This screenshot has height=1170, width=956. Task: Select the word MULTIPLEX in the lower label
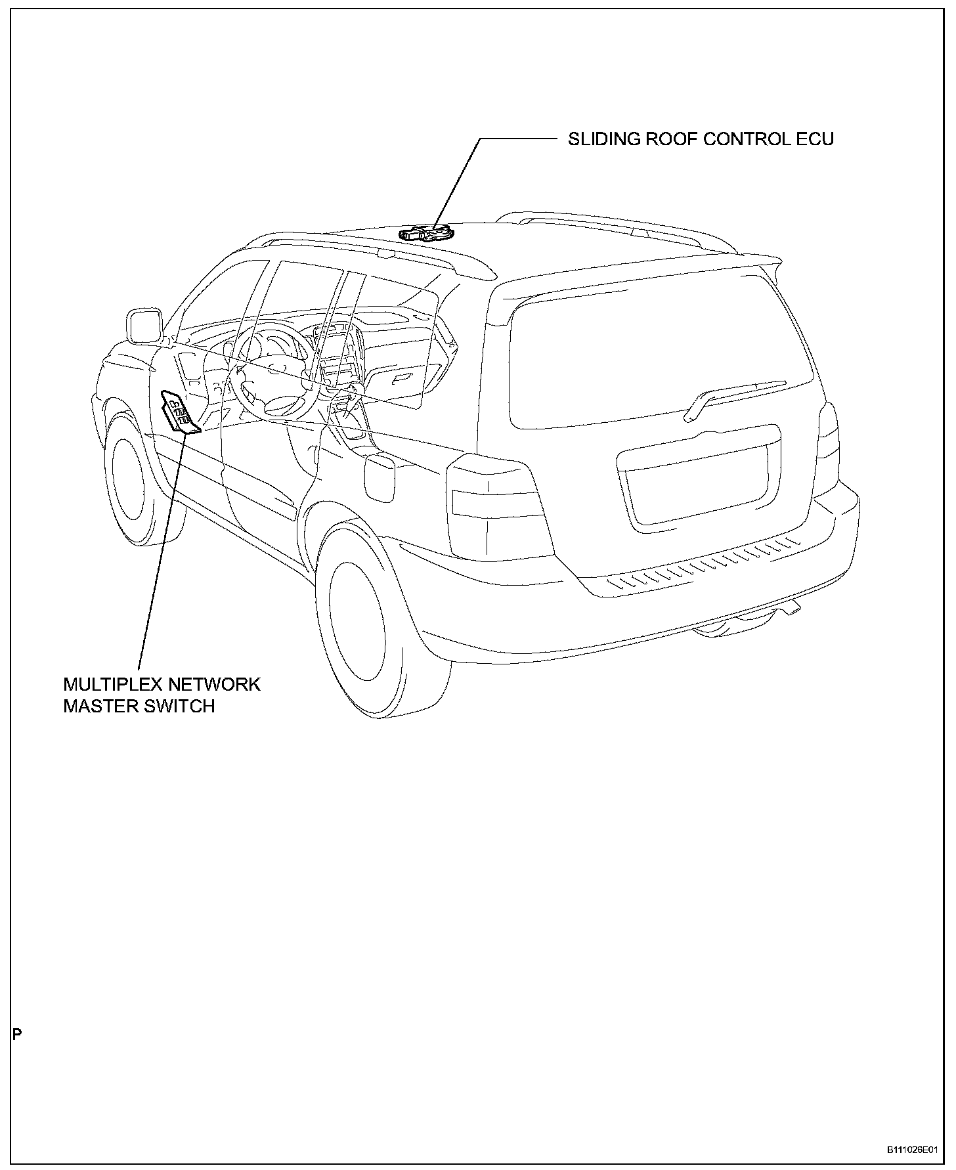pos(110,684)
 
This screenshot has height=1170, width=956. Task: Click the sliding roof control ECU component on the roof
pos(426,233)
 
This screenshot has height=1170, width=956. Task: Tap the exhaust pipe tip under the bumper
pos(793,610)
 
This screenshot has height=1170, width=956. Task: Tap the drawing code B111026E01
pos(911,1150)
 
